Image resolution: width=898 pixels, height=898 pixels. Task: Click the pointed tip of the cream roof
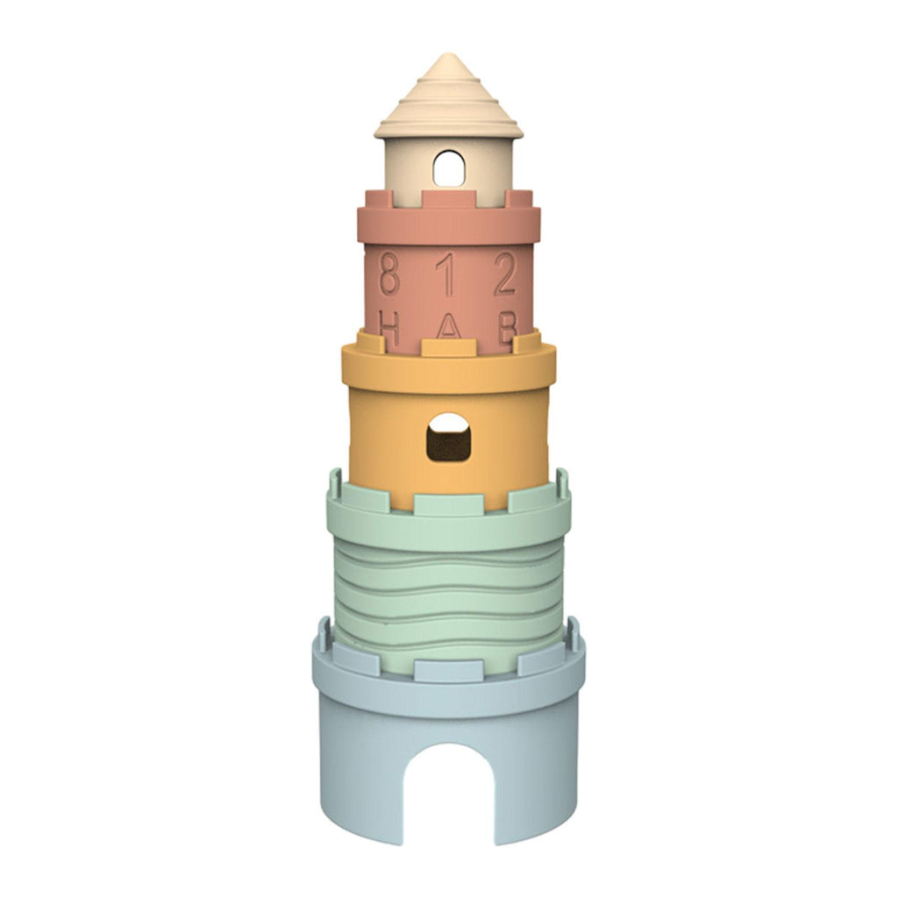(448, 54)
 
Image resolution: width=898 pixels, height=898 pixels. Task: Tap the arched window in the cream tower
(449, 168)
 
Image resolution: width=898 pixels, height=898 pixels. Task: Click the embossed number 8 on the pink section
(389, 274)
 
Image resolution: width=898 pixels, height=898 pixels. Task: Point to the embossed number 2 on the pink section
(505, 274)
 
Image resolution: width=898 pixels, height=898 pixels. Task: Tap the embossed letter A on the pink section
(448, 328)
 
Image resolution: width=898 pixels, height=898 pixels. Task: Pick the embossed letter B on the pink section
(508, 326)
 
